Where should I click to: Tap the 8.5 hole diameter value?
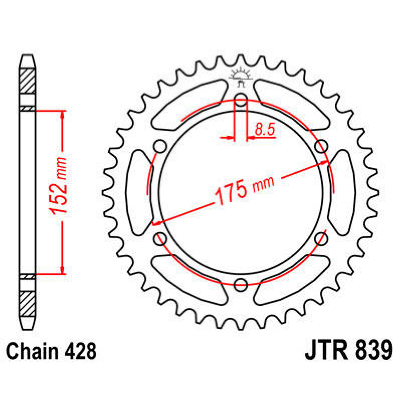click(x=264, y=129)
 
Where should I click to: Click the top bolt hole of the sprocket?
click(x=240, y=98)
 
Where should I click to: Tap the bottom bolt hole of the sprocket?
click(x=240, y=285)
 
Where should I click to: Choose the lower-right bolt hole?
click(x=321, y=238)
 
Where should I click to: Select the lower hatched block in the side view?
click(x=28, y=304)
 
